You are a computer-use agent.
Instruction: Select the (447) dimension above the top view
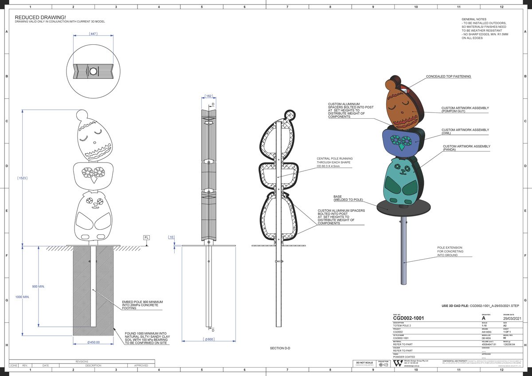[x=93, y=34]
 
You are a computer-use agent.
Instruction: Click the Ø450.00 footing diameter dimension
[x=93, y=342]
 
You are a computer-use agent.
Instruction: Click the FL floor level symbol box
[x=146, y=238]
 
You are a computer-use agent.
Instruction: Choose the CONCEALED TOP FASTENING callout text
[x=448, y=77]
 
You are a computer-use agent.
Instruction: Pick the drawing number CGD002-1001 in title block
[x=411, y=318]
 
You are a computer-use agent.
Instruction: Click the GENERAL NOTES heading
[x=474, y=19]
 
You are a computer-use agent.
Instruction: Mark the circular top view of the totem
[x=93, y=71]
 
